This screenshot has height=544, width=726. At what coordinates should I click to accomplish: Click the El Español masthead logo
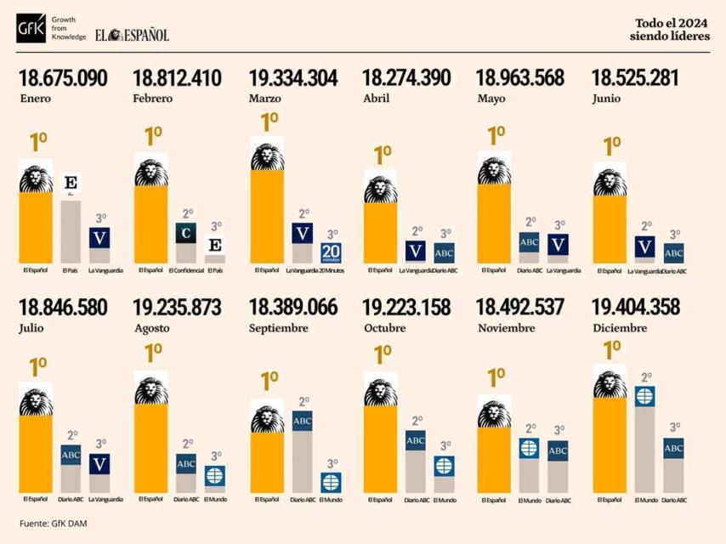pos(132,34)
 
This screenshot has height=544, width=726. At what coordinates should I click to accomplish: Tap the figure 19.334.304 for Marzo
pos(292,79)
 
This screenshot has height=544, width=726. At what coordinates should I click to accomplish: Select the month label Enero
pos(35,99)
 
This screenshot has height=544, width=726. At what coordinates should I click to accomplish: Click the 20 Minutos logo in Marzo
pos(331,252)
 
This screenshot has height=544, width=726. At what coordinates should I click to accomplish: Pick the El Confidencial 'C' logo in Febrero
pos(186,232)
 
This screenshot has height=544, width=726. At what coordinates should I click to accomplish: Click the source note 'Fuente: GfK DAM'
pos(53,524)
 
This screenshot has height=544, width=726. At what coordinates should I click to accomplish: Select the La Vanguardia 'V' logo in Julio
pos(100,464)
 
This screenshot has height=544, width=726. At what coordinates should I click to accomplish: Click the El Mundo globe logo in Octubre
pos(444,466)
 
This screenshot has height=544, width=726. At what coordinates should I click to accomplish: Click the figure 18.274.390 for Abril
pos(406,79)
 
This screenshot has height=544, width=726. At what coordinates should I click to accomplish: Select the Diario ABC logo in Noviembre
pos(558,451)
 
